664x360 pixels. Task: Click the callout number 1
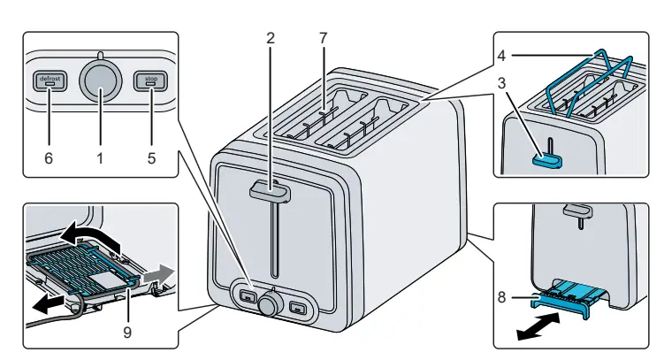[x=99, y=158]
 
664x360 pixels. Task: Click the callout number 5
[x=150, y=158]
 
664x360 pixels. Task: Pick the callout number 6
[x=48, y=158]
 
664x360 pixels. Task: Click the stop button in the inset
[x=151, y=80]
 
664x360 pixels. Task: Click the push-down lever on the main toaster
[x=274, y=188]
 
